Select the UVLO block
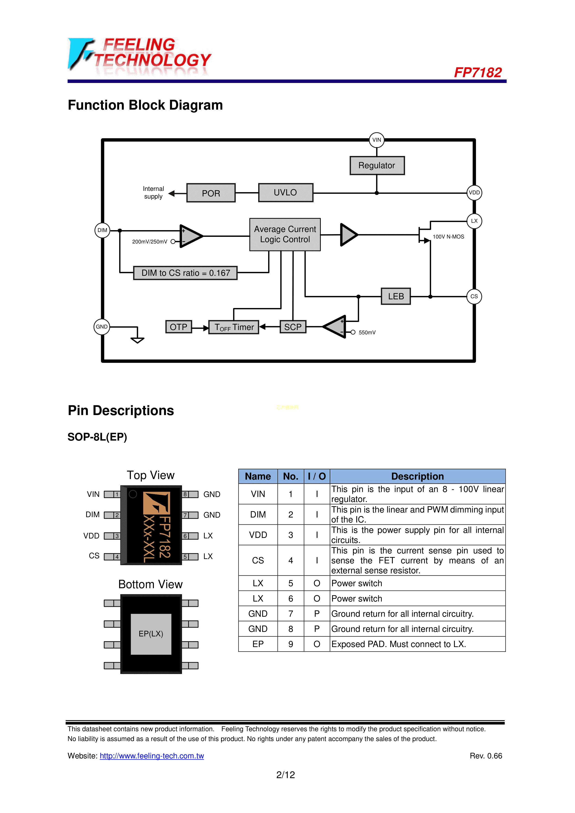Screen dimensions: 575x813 (x=286, y=193)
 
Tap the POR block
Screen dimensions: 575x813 (x=211, y=193)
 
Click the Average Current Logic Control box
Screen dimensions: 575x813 (x=285, y=234)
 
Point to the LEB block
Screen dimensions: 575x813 (x=396, y=296)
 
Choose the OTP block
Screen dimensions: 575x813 (x=179, y=327)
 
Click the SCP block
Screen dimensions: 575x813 (x=293, y=327)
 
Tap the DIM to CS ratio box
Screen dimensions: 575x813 (x=186, y=273)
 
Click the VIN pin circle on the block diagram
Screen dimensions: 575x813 (x=377, y=140)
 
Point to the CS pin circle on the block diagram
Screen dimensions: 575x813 (x=474, y=296)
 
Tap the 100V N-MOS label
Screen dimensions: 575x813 (x=448, y=237)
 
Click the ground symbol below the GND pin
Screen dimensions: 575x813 (x=137, y=340)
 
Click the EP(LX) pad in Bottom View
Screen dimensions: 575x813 (x=151, y=634)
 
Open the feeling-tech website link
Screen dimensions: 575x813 (x=152, y=756)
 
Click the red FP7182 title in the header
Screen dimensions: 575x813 (x=478, y=73)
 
